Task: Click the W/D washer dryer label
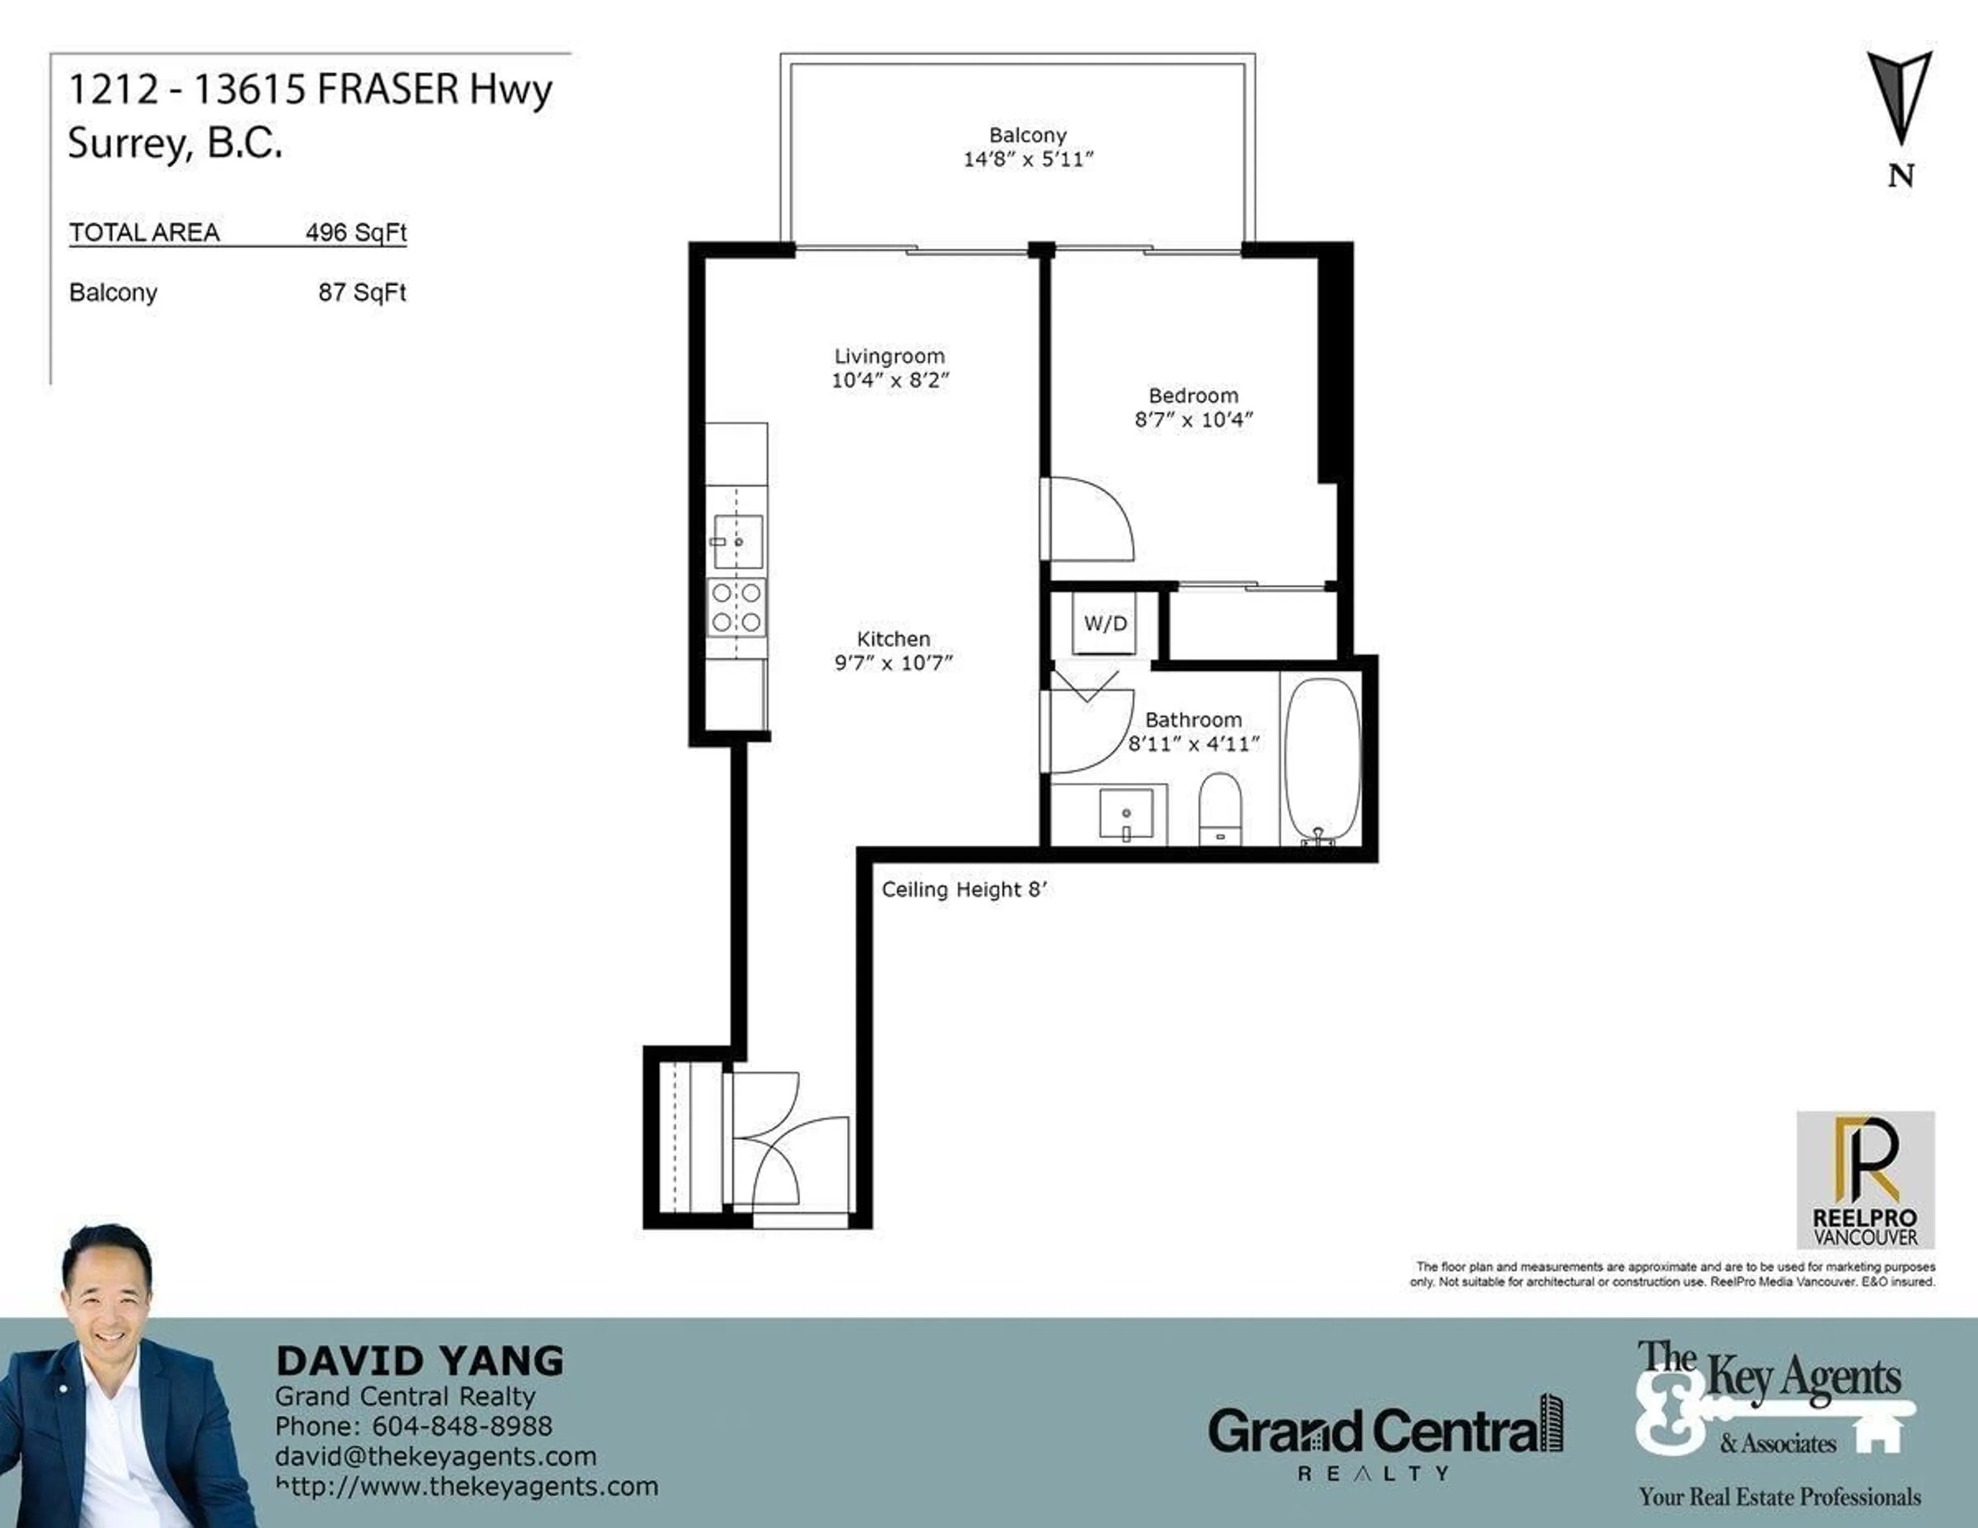click(x=1105, y=623)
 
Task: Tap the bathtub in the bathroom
click(x=1322, y=761)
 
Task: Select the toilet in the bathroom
click(x=1219, y=809)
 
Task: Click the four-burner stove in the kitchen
click(x=736, y=607)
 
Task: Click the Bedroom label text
click(x=1193, y=396)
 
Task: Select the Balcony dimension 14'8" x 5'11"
click(x=1028, y=159)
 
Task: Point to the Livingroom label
click(x=890, y=356)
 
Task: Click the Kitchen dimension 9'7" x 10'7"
click(x=893, y=663)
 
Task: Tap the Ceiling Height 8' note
click(x=964, y=890)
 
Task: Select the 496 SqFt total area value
click(x=356, y=233)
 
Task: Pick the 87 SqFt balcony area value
click(x=362, y=293)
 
